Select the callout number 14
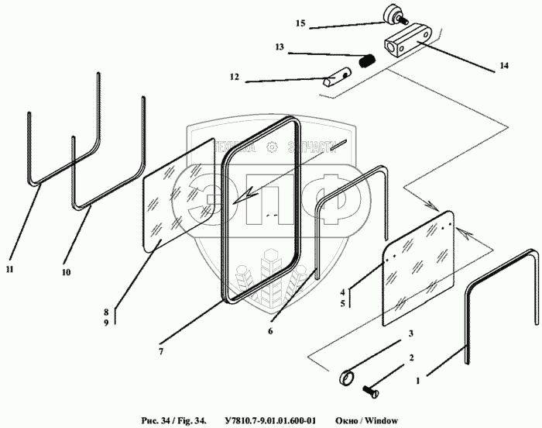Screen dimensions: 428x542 coord(504,67)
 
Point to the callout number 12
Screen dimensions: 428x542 coord(235,77)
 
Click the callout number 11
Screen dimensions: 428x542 coord(9,269)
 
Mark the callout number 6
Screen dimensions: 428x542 coord(270,331)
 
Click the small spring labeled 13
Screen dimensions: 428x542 coord(369,58)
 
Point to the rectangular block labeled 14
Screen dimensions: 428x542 coord(409,44)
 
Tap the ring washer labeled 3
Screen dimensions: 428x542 coord(348,380)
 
